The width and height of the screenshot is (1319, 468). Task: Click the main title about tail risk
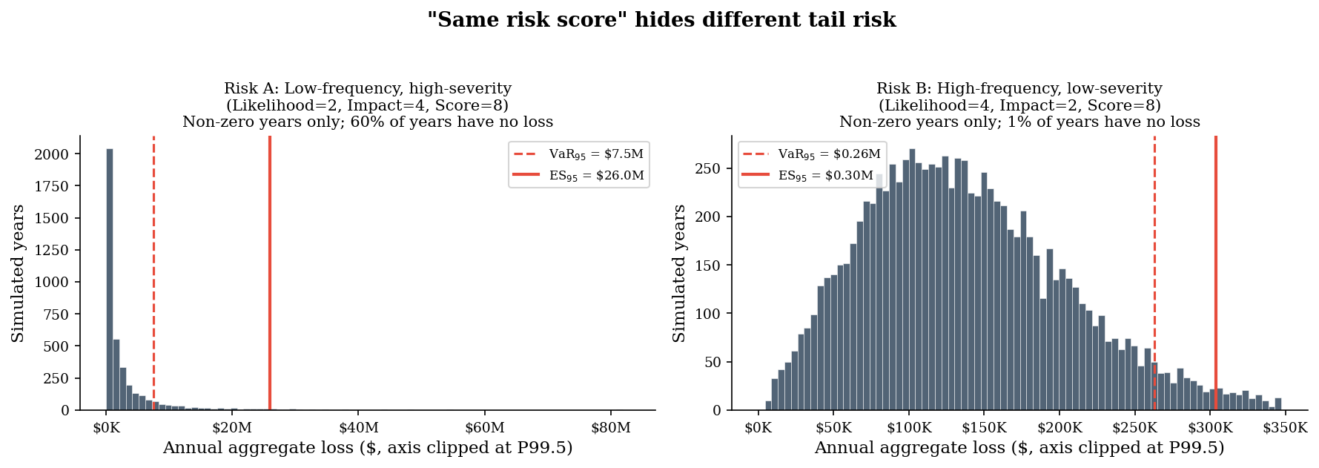click(661, 20)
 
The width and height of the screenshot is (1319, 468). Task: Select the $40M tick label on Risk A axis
click(358, 428)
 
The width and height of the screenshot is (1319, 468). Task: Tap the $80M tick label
click(611, 428)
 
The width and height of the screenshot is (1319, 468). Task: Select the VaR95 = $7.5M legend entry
click(578, 154)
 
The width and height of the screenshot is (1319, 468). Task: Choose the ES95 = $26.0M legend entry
click(578, 176)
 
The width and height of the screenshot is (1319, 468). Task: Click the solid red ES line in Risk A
click(270, 273)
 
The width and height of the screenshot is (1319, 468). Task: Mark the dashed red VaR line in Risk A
click(153, 273)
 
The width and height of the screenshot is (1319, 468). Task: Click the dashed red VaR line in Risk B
click(1154, 273)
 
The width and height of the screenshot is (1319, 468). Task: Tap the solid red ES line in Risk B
click(1216, 273)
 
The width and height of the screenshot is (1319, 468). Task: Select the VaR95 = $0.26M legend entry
click(812, 154)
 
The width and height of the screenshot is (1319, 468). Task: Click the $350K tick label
click(1286, 428)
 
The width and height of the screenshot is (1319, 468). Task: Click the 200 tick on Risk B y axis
click(713, 217)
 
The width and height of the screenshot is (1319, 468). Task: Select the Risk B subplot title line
click(1019, 89)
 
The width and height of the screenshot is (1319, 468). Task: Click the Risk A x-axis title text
click(368, 448)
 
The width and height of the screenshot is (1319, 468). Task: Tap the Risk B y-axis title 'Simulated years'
click(679, 273)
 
